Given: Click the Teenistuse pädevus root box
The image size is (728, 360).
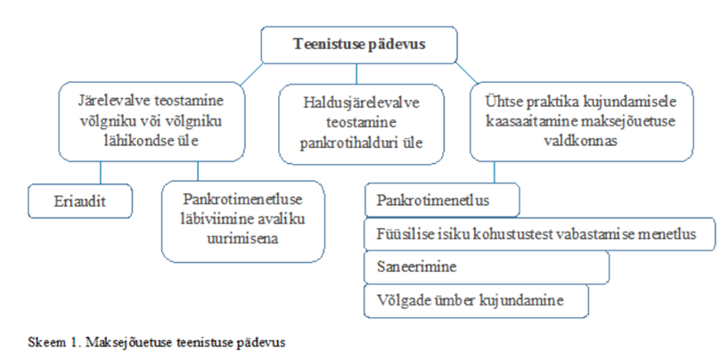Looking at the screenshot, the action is pyautogui.click(x=359, y=45).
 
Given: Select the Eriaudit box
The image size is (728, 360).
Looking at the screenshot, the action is pyautogui.click(x=80, y=201).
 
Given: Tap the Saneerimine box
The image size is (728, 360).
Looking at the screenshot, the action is pyautogui.click(x=487, y=267).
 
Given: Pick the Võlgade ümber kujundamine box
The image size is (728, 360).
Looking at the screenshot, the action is pyautogui.click(x=476, y=301).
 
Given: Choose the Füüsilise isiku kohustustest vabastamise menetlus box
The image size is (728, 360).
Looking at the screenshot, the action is pyautogui.click(x=539, y=234).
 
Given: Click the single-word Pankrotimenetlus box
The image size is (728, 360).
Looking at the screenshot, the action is pyautogui.click(x=442, y=200).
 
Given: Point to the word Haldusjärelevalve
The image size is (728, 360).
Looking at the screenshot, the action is pyautogui.click(x=361, y=102).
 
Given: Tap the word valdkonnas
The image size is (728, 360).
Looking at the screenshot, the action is pyautogui.click(x=580, y=141).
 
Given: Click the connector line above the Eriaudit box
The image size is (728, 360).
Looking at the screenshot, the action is pyautogui.click(x=101, y=173).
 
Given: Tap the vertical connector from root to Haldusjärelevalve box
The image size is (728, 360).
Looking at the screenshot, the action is pyautogui.click(x=356, y=73).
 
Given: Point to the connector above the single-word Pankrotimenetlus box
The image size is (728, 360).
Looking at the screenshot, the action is pyautogui.click(x=494, y=172).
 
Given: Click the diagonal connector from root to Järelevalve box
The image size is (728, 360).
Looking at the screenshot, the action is pyautogui.click(x=252, y=74).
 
